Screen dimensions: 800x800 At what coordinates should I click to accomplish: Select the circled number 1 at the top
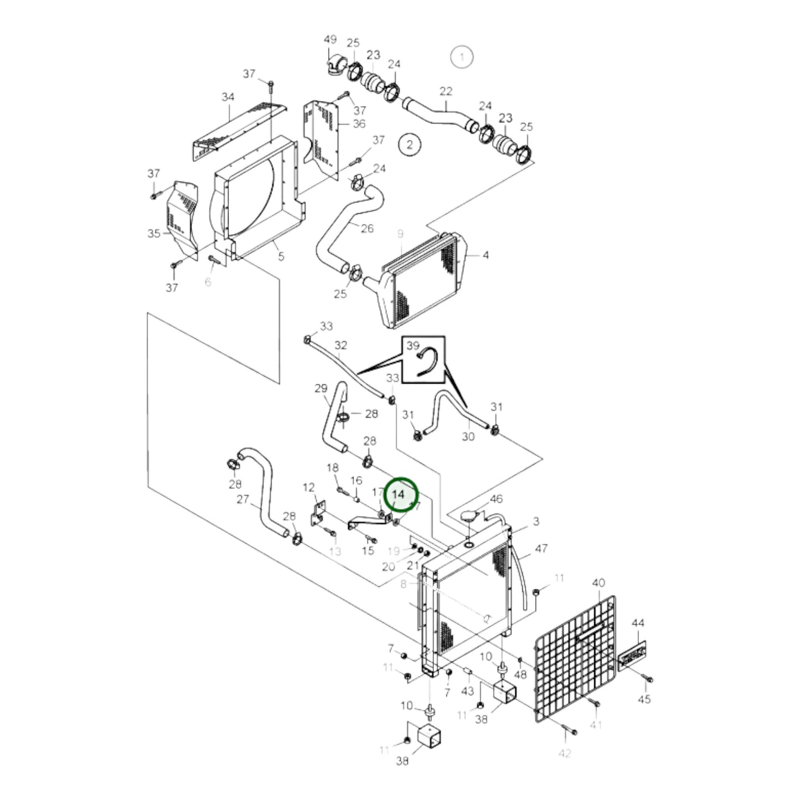tap(462, 56)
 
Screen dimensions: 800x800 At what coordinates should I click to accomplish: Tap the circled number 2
tap(410, 144)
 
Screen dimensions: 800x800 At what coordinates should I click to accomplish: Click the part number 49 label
tap(330, 39)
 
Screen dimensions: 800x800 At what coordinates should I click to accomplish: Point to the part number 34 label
tap(228, 97)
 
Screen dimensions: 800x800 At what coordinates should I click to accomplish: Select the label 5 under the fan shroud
tap(281, 257)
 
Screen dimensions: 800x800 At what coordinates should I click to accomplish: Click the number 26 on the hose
tap(367, 228)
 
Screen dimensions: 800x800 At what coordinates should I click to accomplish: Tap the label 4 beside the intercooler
tap(486, 255)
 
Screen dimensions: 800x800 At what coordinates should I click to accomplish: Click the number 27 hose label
tap(242, 499)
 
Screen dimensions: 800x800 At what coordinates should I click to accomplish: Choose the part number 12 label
tap(308, 487)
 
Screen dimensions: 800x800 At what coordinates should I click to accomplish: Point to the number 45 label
tap(644, 699)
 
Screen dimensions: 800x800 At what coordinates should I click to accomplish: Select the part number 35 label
tap(154, 233)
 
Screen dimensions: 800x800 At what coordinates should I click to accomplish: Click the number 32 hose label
tap(340, 345)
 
